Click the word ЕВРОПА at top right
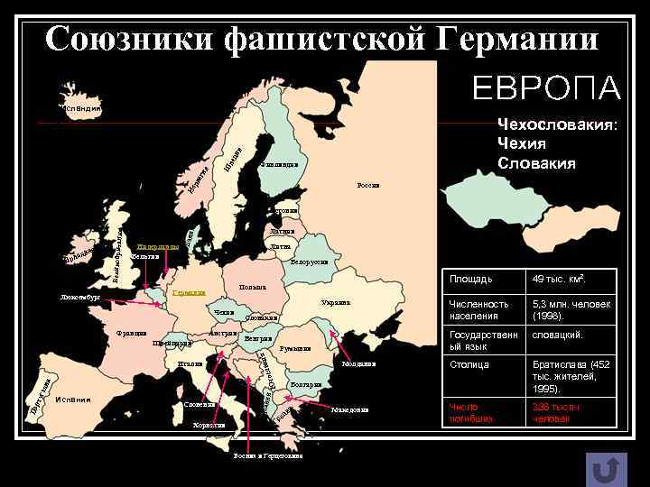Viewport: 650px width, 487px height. (x=546, y=88)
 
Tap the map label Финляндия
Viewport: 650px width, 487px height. (x=277, y=164)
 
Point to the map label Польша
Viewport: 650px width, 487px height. (x=252, y=288)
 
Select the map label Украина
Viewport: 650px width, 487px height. (x=335, y=302)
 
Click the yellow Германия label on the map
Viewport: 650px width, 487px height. (x=190, y=293)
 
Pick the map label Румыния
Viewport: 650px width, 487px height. (x=295, y=348)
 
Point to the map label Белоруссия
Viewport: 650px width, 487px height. (x=310, y=262)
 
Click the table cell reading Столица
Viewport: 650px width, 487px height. (x=469, y=364)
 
